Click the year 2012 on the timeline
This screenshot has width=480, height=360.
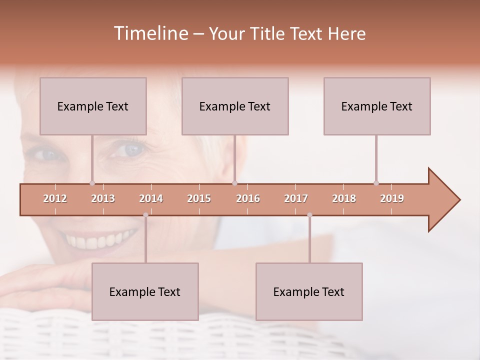55,198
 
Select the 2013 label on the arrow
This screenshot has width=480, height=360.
103,198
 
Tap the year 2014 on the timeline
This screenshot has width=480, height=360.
151,198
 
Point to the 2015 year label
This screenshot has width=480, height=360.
199,198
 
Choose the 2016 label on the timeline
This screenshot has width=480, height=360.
248,198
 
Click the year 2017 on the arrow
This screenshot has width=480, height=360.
296,198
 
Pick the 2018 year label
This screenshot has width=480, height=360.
344,198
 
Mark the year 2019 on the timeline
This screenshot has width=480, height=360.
392,198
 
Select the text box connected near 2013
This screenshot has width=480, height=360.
93,106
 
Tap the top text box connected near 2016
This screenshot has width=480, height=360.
235,106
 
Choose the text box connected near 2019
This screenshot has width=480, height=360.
377,106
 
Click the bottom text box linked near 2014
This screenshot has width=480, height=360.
145,291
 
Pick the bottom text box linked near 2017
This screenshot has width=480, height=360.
309,291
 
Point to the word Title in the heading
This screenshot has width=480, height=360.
268,34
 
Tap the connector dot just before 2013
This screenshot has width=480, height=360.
92,183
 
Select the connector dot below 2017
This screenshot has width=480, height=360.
309,215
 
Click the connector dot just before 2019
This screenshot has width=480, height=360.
376,183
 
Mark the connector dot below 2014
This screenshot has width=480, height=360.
145,215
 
